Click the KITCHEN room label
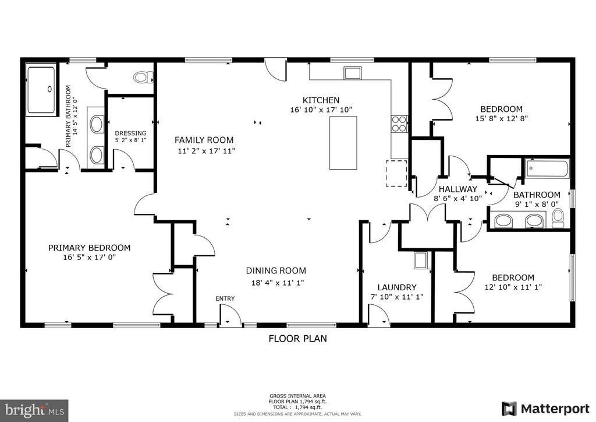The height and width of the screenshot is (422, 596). [321, 100]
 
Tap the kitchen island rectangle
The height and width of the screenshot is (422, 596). [343, 142]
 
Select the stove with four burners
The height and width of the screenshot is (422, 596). [399, 124]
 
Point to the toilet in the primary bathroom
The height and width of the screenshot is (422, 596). [143, 77]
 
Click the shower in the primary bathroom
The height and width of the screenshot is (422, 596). [41, 90]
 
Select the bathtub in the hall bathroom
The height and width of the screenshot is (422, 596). [547, 170]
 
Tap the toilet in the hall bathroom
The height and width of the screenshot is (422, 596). [558, 218]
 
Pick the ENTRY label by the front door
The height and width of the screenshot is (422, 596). [225, 298]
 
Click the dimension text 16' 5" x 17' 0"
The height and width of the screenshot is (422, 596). [89, 257]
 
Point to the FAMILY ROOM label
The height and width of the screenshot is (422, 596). [204, 140]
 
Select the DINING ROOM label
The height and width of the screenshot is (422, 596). [275, 270]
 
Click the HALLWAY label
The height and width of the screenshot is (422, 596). [458, 189]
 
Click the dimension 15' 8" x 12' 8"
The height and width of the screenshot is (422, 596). [501, 118]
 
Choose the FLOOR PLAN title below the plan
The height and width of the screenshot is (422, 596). [297, 338]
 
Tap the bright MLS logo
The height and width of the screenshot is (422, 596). [34, 410]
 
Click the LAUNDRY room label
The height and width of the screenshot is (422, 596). [397, 287]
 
